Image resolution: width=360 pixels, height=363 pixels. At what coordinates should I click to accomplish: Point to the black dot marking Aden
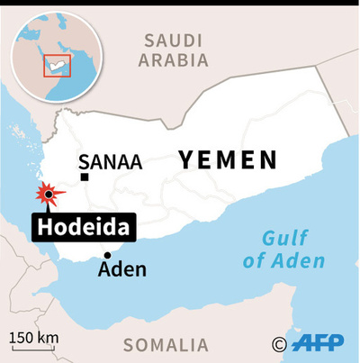coord(107,255)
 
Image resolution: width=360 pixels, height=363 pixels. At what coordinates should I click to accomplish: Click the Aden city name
coord(121,269)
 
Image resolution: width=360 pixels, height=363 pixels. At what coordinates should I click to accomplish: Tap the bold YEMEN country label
coord(227,160)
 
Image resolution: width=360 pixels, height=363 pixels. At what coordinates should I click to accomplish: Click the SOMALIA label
coord(166,344)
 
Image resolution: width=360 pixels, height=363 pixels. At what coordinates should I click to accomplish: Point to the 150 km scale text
coord(34,338)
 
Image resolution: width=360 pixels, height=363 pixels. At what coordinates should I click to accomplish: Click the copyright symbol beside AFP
coord(279,343)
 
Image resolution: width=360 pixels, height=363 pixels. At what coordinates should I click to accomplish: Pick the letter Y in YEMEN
coord(186,160)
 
